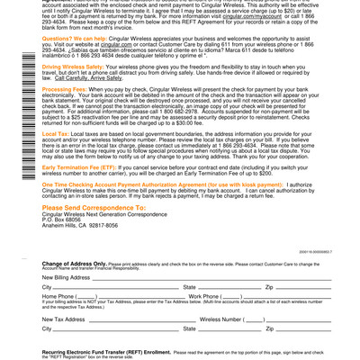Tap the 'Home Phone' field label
pyautogui.click(x=58, y=296)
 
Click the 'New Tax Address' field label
pyautogui.click(x=64, y=319)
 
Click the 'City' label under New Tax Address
pyautogui.click(x=47, y=329)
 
